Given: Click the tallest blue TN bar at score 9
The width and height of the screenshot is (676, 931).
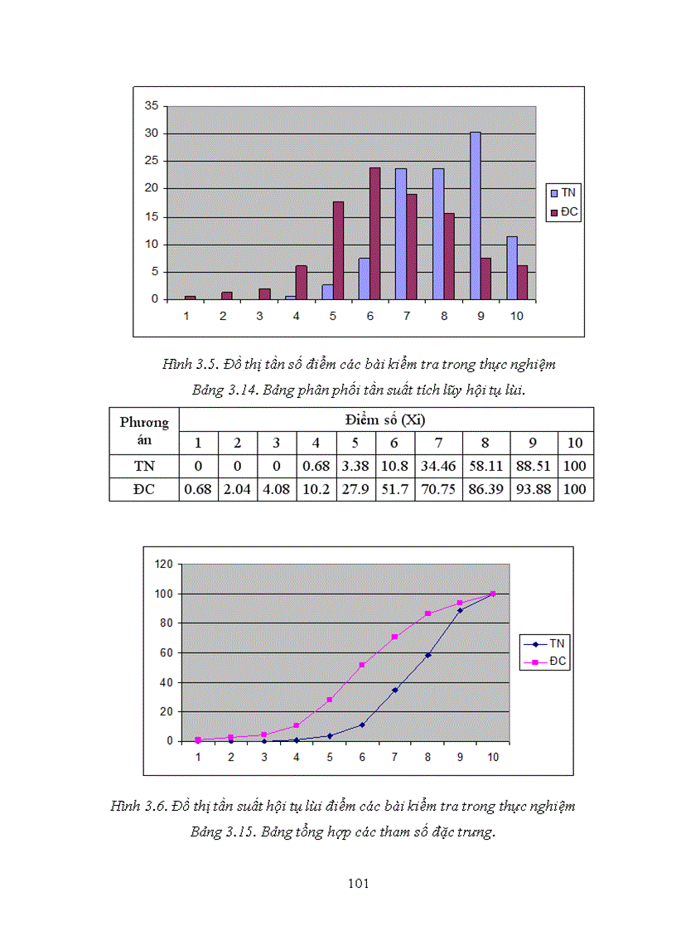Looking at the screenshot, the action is tap(476, 216).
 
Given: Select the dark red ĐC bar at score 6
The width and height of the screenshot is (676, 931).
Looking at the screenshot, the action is tap(375, 233).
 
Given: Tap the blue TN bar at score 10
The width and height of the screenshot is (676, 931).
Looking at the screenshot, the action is tap(512, 268).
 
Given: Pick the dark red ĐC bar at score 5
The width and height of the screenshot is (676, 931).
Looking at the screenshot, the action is tap(338, 250).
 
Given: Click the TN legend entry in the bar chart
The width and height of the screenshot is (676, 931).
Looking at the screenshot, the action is tap(563, 193).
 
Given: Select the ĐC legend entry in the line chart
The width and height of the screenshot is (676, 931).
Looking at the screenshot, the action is tap(545, 662).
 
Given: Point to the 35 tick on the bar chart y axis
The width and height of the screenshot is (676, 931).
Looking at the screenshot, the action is tap(152, 105).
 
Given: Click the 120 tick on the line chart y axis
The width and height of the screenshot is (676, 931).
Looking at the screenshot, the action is tap(164, 564).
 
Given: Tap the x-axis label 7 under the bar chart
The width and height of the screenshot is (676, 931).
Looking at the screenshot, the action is tap(407, 316).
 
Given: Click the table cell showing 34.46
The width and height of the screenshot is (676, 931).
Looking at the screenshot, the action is tap(438, 466).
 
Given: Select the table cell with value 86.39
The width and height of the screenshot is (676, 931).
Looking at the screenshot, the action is tap(486, 489).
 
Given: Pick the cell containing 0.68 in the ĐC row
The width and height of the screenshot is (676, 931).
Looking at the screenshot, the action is tap(198, 489).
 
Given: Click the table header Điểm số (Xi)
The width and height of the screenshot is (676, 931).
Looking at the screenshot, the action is tap(385, 419).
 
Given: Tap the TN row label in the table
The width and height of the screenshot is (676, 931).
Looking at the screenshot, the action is tap(144, 466).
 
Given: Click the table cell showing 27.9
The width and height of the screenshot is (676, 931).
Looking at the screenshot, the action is tap(355, 489).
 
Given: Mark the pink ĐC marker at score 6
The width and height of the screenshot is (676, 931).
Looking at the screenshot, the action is tap(362, 665).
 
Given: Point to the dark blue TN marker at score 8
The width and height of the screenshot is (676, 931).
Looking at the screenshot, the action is tap(428, 656).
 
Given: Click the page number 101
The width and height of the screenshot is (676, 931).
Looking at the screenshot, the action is tap(359, 884).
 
